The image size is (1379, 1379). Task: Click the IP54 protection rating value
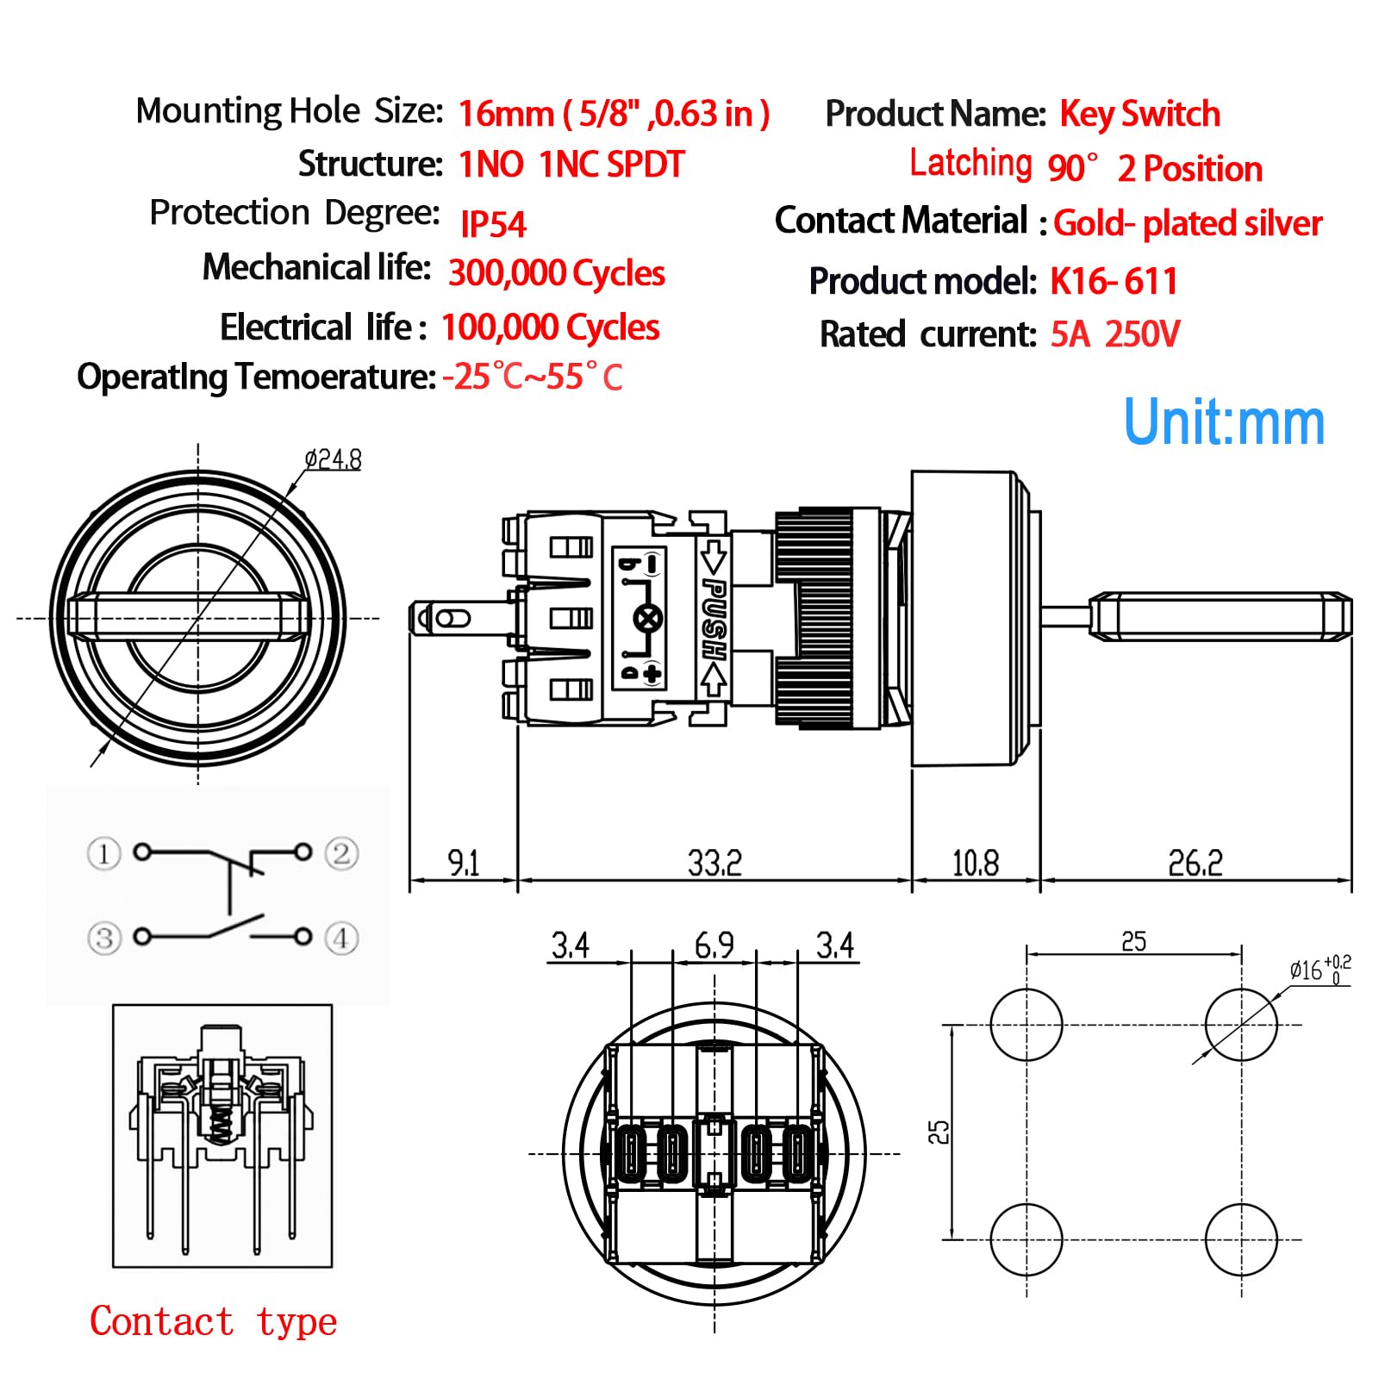tap(493, 224)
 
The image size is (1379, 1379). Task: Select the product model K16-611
tap(1114, 281)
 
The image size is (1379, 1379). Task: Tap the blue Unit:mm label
tap(1225, 422)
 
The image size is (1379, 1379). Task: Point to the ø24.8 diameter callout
tap(333, 459)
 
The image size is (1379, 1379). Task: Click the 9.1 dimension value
tap(464, 862)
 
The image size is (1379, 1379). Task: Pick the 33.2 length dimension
tap(714, 862)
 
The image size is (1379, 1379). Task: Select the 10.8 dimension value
tap(976, 862)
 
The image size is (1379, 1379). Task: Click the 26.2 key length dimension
tap(1195, 862)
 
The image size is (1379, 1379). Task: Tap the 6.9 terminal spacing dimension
tap(714, 945)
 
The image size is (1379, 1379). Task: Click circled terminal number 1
tap(104, 854)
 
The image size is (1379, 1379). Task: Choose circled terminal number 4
tap(341, 938)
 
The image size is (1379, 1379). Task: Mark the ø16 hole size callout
tap(1320, 970)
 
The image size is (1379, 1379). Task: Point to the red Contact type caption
tap(214, 1321)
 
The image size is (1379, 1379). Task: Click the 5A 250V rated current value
tap(1115, 334)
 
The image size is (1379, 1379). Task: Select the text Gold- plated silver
tap(1188, 223)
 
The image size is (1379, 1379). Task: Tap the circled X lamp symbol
tap(648, 618)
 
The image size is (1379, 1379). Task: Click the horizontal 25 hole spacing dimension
tap(1134, 941)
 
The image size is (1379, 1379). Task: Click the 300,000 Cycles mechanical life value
tap(557, 273)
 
